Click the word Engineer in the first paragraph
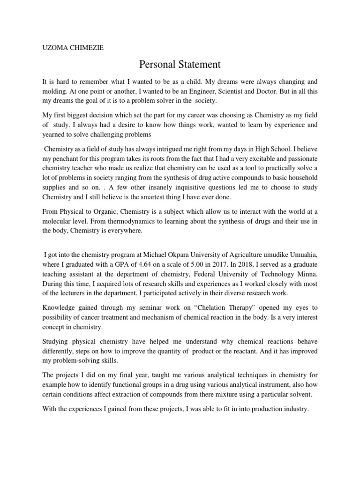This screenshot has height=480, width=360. (202, 90)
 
